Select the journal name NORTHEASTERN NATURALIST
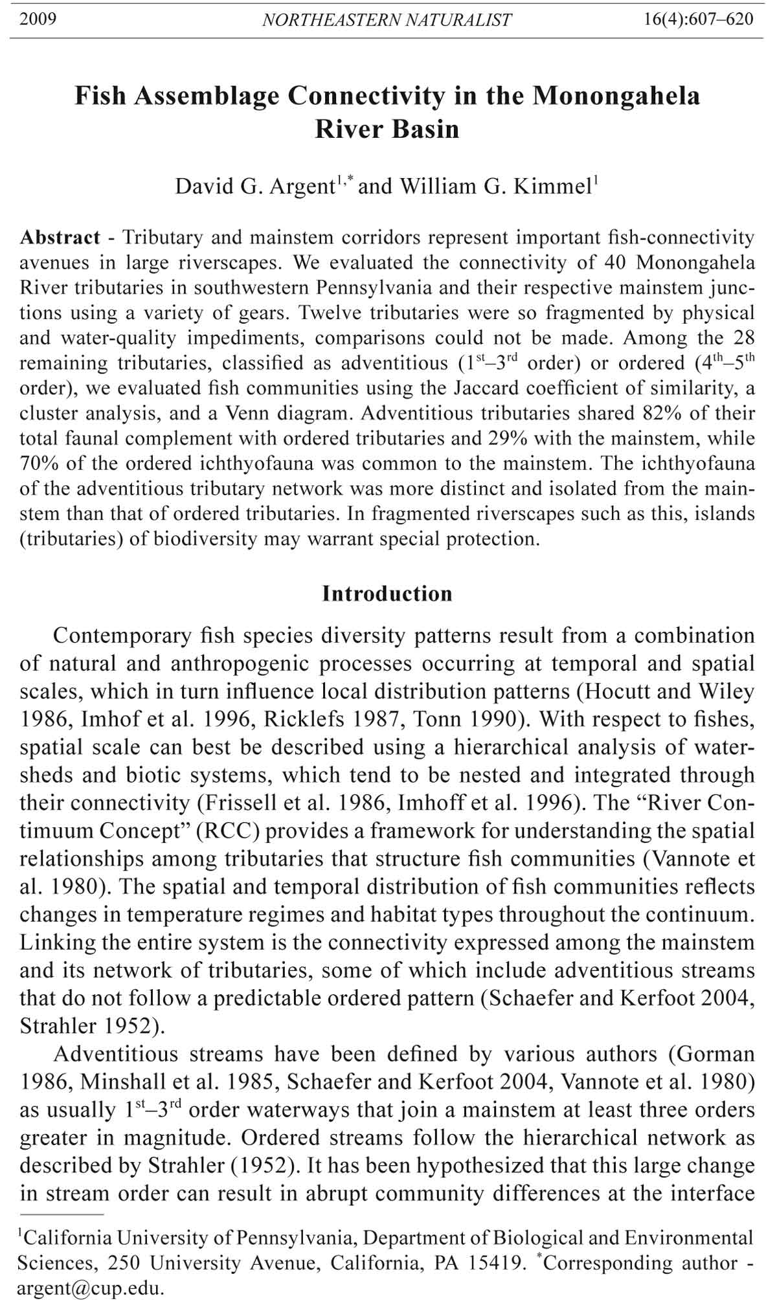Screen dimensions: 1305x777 [x=387, y=20]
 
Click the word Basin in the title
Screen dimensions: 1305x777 [x=427, y=129]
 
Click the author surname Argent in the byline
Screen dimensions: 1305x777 [x=297, y=187]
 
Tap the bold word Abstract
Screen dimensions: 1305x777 [x=60, y=238]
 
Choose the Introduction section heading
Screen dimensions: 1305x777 [x=387, y=594]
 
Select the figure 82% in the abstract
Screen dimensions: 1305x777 [x=666, y=413]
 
